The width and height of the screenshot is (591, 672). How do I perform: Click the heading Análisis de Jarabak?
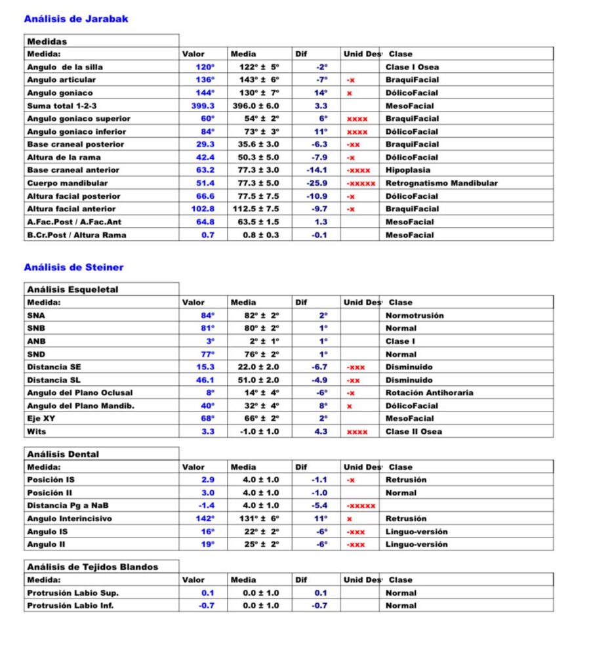76,19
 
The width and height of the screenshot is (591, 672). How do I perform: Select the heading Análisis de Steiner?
73,267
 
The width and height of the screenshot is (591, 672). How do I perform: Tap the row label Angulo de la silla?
65,67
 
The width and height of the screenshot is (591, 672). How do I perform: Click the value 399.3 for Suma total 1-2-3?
205,106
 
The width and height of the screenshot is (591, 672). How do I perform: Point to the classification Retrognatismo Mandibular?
441,183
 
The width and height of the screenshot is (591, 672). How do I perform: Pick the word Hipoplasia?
407,170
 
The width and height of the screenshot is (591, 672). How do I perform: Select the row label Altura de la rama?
64,157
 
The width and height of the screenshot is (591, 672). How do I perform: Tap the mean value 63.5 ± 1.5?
259,222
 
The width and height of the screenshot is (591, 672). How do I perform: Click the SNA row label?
36,316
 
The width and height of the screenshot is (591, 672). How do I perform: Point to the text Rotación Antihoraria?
429,393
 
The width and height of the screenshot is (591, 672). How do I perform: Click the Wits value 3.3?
207,432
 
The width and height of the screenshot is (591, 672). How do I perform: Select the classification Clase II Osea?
413,432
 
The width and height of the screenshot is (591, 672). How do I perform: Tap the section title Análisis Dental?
63,454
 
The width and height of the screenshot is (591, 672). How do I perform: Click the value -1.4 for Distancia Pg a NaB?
206,505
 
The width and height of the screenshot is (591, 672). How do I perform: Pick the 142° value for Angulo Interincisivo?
205,518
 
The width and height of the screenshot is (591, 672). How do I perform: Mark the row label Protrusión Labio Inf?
70,606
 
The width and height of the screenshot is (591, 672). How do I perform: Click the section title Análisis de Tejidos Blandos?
92,567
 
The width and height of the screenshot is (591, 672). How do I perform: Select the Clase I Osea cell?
412,67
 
